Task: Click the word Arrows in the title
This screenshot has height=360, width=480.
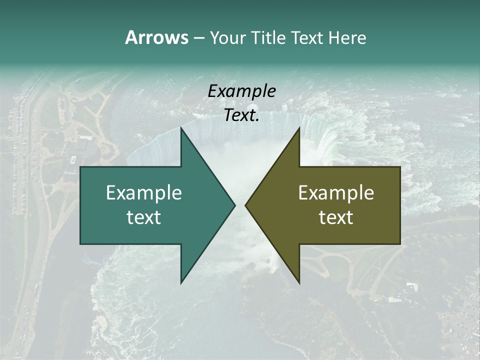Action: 156,37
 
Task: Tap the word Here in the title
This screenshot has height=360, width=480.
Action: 347,38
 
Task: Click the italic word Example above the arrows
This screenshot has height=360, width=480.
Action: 241,91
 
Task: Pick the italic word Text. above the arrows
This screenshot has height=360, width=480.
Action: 241,115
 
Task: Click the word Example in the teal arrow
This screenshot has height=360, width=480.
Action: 143,193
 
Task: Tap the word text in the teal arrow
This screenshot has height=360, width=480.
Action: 143,217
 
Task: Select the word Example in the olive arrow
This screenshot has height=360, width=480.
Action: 336,193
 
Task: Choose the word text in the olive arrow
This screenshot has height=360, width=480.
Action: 336,217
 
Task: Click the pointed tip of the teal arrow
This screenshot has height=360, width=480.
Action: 235,205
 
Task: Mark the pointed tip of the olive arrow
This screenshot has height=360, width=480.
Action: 245,205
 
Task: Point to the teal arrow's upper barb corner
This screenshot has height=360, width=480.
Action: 181,128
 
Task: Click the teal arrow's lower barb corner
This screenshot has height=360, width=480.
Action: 181,283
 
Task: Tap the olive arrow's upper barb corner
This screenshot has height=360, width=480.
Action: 299,128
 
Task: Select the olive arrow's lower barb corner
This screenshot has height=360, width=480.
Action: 299,283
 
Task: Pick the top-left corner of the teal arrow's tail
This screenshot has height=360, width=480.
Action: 80,167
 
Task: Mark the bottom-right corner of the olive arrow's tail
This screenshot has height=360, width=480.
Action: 400,244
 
